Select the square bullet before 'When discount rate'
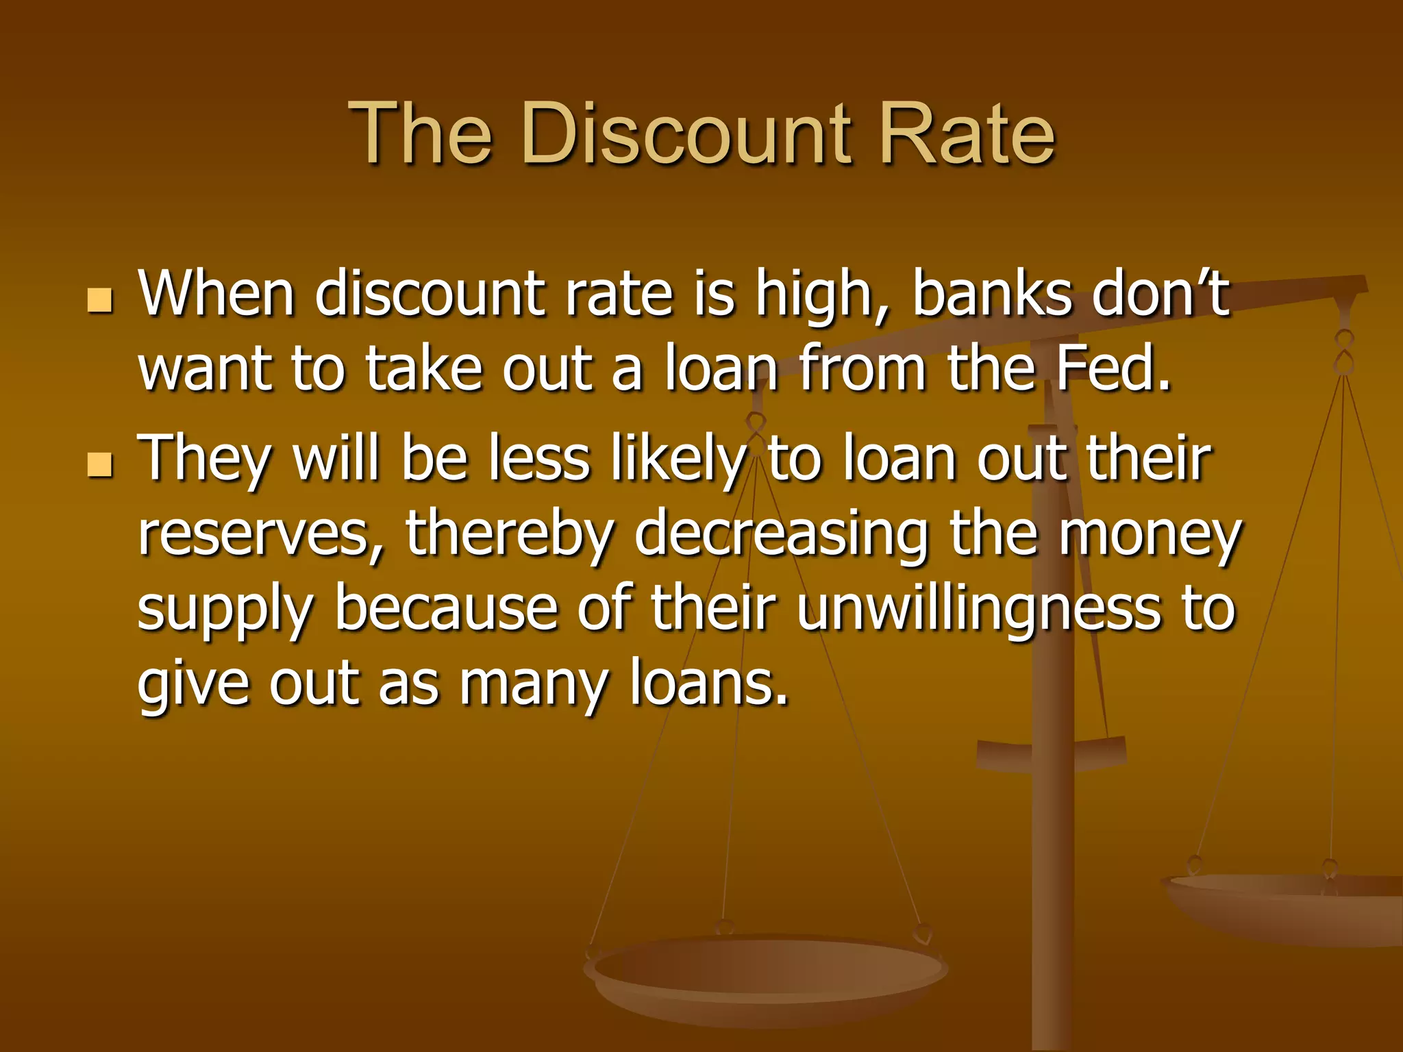tap(100, 300)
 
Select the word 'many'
tap(533, 685)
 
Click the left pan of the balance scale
tap(766, 973)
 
